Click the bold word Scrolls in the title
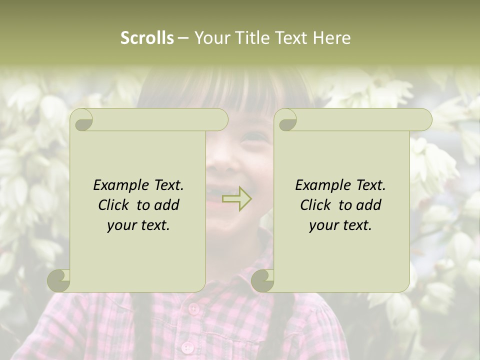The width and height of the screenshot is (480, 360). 147,38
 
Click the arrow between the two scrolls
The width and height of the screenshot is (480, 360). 237,199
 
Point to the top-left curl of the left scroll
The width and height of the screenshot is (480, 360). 82,120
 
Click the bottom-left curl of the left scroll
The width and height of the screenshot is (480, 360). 59,280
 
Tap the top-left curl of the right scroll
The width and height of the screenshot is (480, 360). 286,120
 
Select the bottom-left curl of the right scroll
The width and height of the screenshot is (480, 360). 263,280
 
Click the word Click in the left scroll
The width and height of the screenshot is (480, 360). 115,205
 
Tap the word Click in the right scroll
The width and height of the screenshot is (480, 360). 317,205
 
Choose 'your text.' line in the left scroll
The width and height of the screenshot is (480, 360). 138,225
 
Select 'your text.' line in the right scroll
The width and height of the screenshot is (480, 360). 340,225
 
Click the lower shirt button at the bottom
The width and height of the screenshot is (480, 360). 187,346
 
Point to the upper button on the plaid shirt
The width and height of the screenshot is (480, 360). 193,307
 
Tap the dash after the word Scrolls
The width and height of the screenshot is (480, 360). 183,38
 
